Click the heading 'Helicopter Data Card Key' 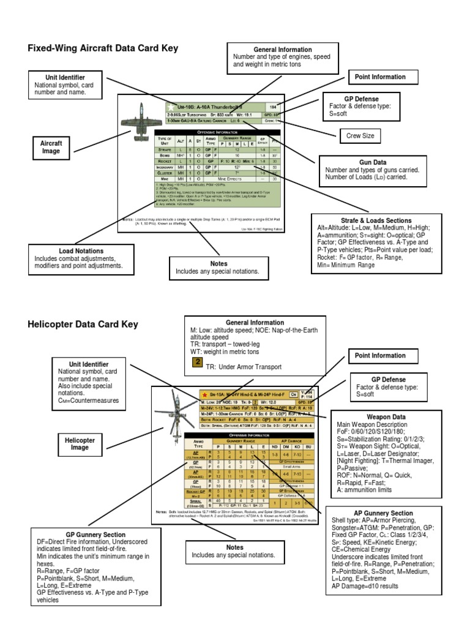(83, 324)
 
